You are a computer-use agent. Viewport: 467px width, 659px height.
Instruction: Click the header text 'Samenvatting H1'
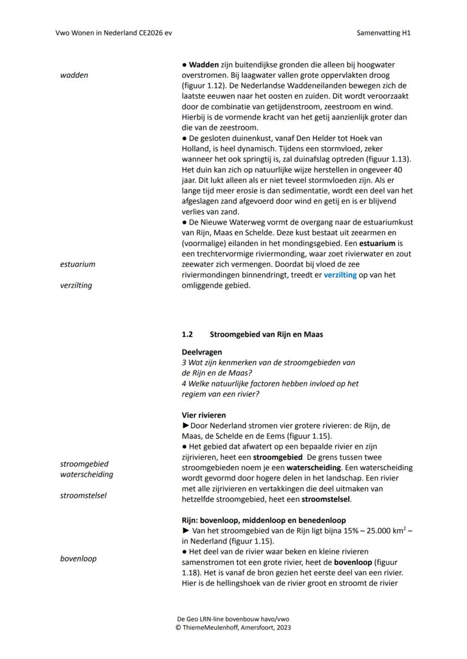[384, 33]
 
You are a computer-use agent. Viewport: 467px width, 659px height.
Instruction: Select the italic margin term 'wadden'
[74, 75]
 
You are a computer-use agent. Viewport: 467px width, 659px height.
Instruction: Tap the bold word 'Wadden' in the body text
[204, 65]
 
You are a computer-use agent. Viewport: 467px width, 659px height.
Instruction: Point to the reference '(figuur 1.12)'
[196, 86]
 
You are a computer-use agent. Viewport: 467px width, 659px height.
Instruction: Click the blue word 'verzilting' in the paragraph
[340, 275]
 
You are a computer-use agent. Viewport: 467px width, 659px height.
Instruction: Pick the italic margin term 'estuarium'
[77, 264]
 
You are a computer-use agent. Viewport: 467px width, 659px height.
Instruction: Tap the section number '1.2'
[187, 334]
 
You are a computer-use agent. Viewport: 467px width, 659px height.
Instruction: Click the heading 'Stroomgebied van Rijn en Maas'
[266, 334]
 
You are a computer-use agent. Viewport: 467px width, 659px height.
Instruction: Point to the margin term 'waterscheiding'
[86, 475]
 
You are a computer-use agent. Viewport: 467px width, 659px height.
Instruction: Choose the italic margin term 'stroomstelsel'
[83, 496]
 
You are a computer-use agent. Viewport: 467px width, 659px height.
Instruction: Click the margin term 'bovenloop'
[78, 559]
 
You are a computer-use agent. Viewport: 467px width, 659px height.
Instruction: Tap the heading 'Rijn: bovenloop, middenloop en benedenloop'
[263, 520]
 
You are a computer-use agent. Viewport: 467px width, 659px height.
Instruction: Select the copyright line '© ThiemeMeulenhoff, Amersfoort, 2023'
[233, 627]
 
